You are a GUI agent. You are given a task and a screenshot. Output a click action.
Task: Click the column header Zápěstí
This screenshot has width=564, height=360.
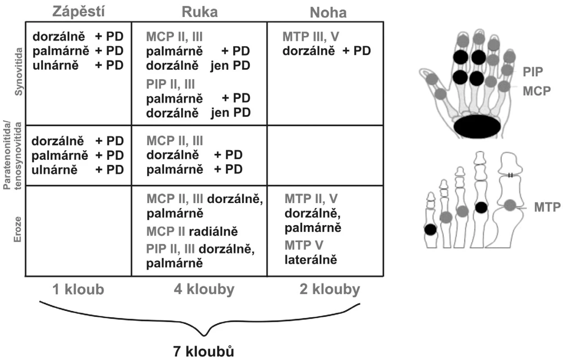pos(78,12)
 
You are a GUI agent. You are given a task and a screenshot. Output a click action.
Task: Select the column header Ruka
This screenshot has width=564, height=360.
pos(200,12)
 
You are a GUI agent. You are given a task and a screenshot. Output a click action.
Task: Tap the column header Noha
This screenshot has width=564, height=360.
pos(328,13)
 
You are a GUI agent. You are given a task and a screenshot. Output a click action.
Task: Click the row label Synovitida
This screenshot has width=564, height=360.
pos(18,72)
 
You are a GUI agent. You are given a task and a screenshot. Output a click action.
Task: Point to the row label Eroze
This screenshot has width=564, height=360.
pos(17,229)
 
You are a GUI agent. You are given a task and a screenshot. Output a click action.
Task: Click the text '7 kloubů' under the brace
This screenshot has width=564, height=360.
pos(203,351)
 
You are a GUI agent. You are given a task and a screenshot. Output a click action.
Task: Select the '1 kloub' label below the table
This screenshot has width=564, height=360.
pos(78,289)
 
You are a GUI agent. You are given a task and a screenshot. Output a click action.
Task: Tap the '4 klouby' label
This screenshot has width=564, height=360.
pos(204,290)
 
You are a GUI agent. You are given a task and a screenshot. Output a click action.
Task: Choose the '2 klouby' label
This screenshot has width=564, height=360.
pos(330,290)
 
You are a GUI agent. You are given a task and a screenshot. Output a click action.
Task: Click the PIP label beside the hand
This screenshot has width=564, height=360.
pos(533,72)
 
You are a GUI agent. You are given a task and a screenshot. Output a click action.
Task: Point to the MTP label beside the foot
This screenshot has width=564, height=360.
pos(547,207)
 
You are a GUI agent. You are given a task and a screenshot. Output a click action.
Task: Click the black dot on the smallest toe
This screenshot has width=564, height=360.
pos(430,229)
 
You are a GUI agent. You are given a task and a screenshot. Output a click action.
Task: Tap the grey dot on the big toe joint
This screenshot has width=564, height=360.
pos(510,205)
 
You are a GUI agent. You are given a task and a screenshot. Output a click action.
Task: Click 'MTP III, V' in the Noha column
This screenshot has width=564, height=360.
pos(311,37)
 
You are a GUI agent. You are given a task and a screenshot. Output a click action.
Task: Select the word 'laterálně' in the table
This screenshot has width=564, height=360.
pos(311,260)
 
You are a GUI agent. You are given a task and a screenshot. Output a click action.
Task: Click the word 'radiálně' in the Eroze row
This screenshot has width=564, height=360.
pos(213,231)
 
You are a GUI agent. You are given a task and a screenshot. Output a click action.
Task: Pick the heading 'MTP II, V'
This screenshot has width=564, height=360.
pos(311,199)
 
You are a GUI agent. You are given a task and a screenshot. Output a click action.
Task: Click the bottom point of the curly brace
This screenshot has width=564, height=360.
pos(204,335)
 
